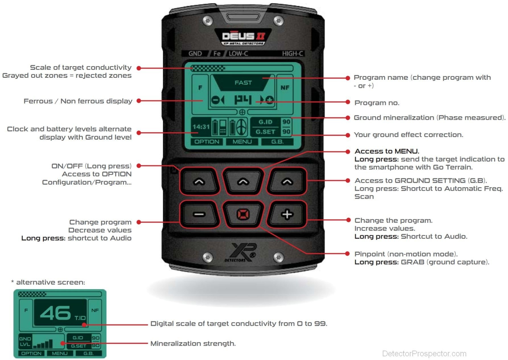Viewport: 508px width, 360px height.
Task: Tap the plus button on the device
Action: click(x=287, y=214)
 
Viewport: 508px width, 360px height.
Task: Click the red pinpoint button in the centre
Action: click(x=243, y=214)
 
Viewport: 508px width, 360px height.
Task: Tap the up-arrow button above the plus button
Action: click(x=287, y=181)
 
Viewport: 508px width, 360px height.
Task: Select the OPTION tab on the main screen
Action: click(x=207, y=142)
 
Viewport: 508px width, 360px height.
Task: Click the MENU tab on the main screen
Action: click(x=242, y=142)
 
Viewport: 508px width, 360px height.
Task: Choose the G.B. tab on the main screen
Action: click(x=277, y=142)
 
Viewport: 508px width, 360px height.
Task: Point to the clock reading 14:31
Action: click(x=201, y=127)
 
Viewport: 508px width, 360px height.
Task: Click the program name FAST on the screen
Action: click(x=243, y=83)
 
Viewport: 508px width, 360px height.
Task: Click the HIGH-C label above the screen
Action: click(x=293, y=54)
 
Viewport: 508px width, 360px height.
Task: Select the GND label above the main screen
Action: click(x=195, y=54)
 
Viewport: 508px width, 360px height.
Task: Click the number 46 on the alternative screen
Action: click(x=55, y=313)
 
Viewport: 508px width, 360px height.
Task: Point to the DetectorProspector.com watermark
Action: click(x=424, y=353)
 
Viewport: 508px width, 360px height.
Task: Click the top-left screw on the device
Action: click(x=208, y=21)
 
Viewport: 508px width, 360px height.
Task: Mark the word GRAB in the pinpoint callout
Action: click(x=412, y=262)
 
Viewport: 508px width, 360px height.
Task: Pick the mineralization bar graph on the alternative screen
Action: click(x=43, y=343)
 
